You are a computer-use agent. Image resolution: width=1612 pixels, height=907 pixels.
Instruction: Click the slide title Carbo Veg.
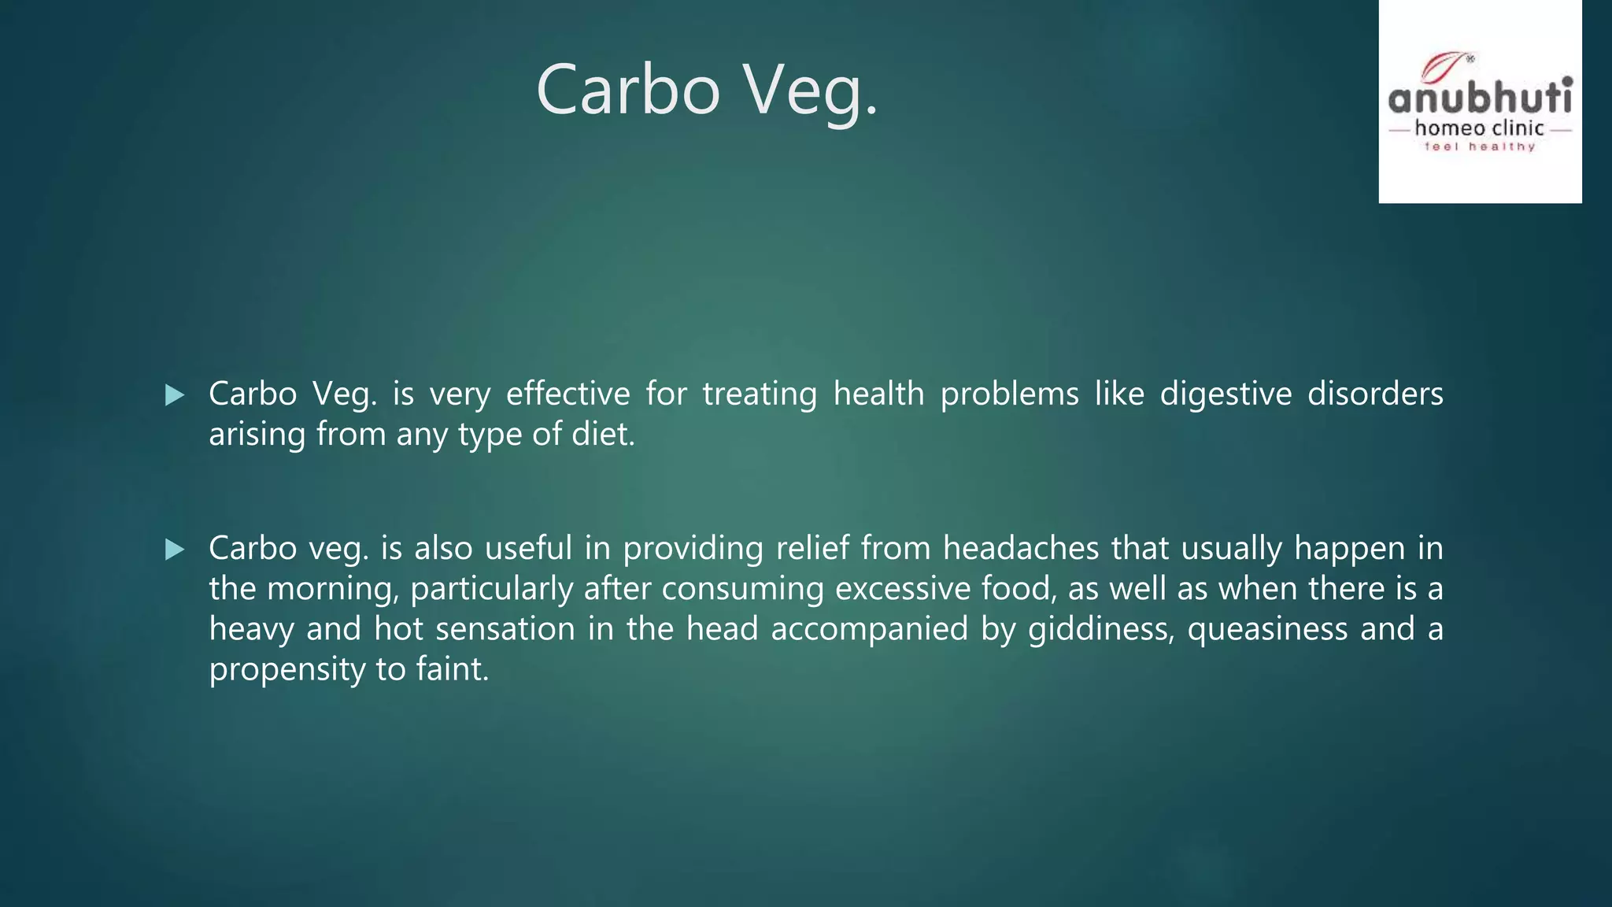(706, 91)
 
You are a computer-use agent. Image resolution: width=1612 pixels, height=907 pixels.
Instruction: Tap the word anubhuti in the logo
(1480, 98)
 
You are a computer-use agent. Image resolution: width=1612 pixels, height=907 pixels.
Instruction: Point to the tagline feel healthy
(1480, 146)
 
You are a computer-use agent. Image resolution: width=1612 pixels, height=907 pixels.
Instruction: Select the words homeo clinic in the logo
(1480, 128)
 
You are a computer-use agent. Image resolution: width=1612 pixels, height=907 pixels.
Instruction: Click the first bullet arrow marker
(175, 394)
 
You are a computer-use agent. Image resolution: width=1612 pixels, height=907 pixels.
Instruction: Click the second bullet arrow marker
(175, 549)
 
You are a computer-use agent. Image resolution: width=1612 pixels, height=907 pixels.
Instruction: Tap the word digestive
(1226, 394)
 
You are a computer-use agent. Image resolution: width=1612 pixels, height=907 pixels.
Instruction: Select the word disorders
(1375, 394)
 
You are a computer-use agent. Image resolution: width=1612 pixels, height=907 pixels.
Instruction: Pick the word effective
(568, 394)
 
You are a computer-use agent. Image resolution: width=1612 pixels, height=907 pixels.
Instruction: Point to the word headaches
(1021, 548)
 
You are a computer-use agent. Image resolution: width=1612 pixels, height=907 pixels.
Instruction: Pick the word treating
(760, 394)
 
